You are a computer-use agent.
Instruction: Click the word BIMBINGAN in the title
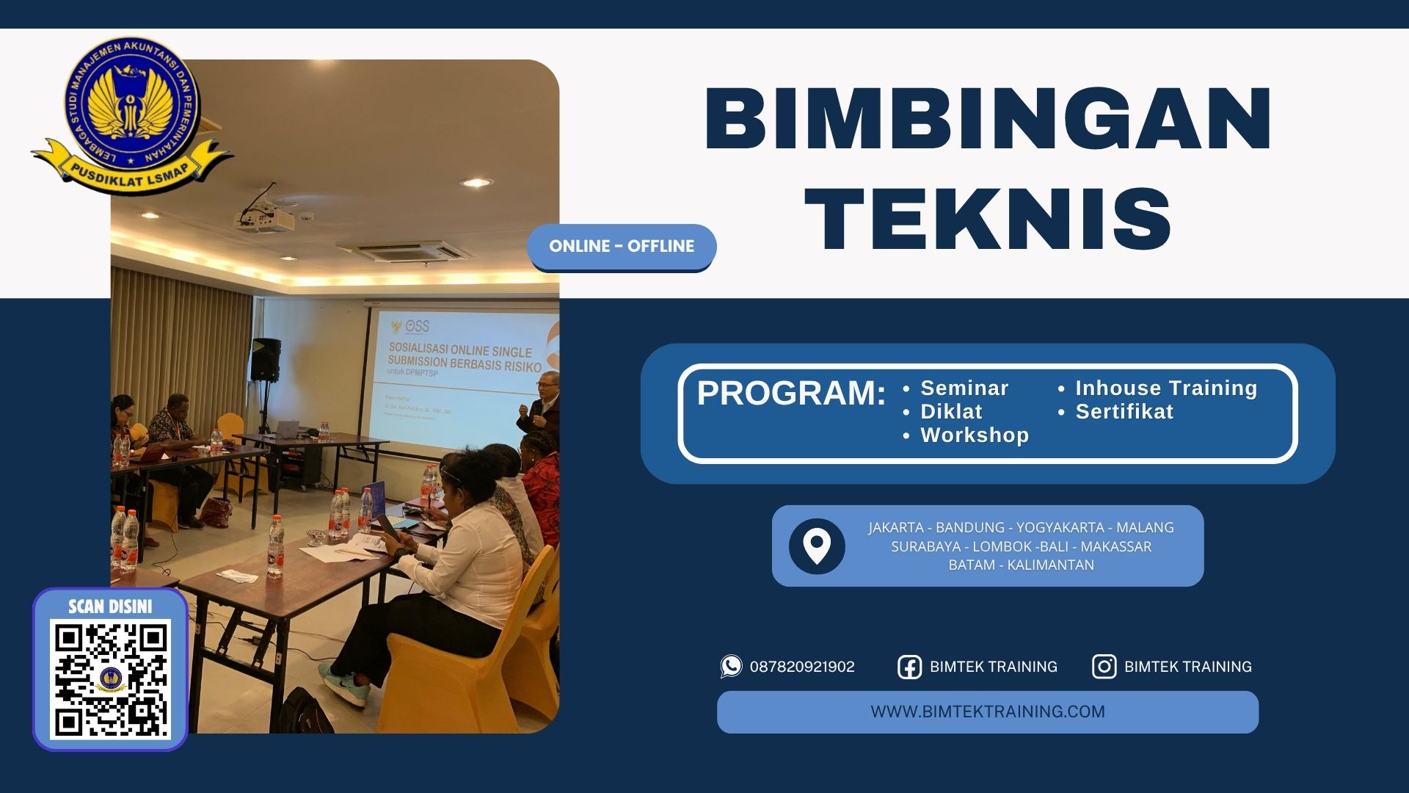pos(988,119)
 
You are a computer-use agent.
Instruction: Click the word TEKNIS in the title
pos(988,218)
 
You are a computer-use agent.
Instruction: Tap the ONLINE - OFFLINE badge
pos(622,246)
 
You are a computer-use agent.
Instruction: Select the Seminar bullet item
pos(964,388)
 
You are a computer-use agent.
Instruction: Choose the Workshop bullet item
pos(974,435)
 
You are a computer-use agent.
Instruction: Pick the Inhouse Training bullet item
pos(1165,388)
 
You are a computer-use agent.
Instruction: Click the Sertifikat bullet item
pos(1124,411)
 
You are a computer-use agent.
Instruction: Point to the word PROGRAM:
pos(790,393)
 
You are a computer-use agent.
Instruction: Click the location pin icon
pos(816,546)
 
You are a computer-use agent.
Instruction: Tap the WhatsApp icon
pos(731,666)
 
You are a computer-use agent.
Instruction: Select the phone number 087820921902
pos(802,667)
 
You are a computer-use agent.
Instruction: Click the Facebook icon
pos(909,667)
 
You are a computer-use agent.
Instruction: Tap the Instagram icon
pos(1104,667)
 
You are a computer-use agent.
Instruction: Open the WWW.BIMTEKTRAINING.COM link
pos(987,711)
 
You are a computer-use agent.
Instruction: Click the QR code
pos(110,678)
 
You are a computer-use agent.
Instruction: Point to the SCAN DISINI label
pos(110,606)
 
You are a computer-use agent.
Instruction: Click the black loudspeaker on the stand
pos(266,359)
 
